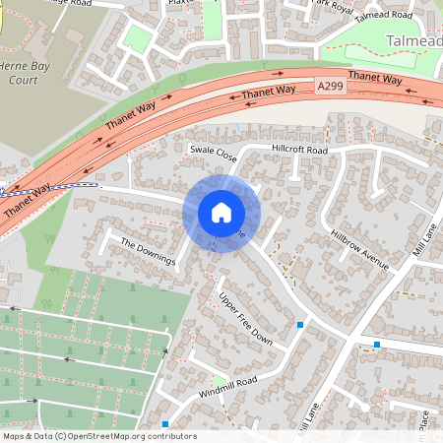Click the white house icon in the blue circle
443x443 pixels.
click(221, 212)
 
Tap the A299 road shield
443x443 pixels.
click(332, 88)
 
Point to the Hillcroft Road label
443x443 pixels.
click(298, 151)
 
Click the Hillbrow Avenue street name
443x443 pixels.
click(360, 252)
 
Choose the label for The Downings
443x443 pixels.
click(148, 251)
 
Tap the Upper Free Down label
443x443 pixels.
click(245, 317)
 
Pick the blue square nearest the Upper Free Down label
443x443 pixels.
click(300, 324)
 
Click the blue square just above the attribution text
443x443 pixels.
click(165, 423)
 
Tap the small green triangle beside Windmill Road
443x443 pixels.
click(217, 381)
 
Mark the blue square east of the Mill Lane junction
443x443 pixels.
click(377, 345)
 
